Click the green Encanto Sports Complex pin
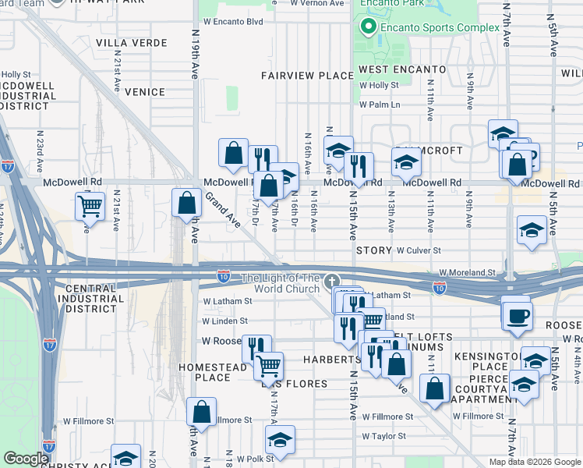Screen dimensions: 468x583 (x=368, y=28)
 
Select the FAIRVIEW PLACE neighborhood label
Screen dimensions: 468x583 (x=307, y=76)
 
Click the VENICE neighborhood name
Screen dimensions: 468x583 (x=144, y=92)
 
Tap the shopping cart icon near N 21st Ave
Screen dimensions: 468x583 (x=90, y=207)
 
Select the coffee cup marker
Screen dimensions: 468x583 (x=518, y=315)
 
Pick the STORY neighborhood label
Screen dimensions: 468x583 (x=373, y=251)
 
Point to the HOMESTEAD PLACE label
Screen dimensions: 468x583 (x=205, y=372)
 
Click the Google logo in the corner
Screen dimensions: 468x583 (x=26, y=459)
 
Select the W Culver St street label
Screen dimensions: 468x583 (x=419, y=251)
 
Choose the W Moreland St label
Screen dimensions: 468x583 (x=468, y=272)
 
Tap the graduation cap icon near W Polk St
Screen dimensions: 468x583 (x=280, y=441)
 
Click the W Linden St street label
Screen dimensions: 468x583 (x=224, y=321)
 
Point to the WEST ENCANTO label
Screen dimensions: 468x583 (x=401, y=69)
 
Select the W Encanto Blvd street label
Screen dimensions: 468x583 (x=231, y=22)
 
